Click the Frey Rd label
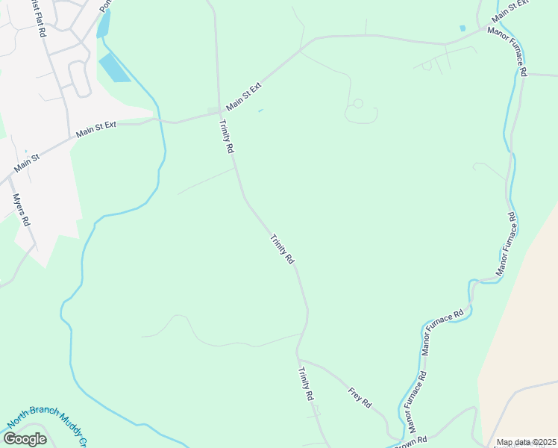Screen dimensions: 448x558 point(360,396)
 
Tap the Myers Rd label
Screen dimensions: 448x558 point(22,210)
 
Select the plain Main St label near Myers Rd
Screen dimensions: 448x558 point(27,160)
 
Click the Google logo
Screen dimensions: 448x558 point(25,439)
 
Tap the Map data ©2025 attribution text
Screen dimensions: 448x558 point(527,443)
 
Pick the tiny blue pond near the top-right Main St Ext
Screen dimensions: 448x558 point(463,28)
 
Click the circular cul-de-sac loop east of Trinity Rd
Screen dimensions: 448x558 point(358,103)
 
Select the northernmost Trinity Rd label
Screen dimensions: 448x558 point(227,137)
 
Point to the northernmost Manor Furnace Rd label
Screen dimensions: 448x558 point(508,52)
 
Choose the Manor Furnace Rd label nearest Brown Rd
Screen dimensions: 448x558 point(416,402)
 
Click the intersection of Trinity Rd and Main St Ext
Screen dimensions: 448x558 point(219,113)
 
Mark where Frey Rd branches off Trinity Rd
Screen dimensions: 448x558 point(298,359)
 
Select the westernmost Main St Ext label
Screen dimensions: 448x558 point(96,130)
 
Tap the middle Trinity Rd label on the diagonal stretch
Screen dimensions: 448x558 point(282,249)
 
